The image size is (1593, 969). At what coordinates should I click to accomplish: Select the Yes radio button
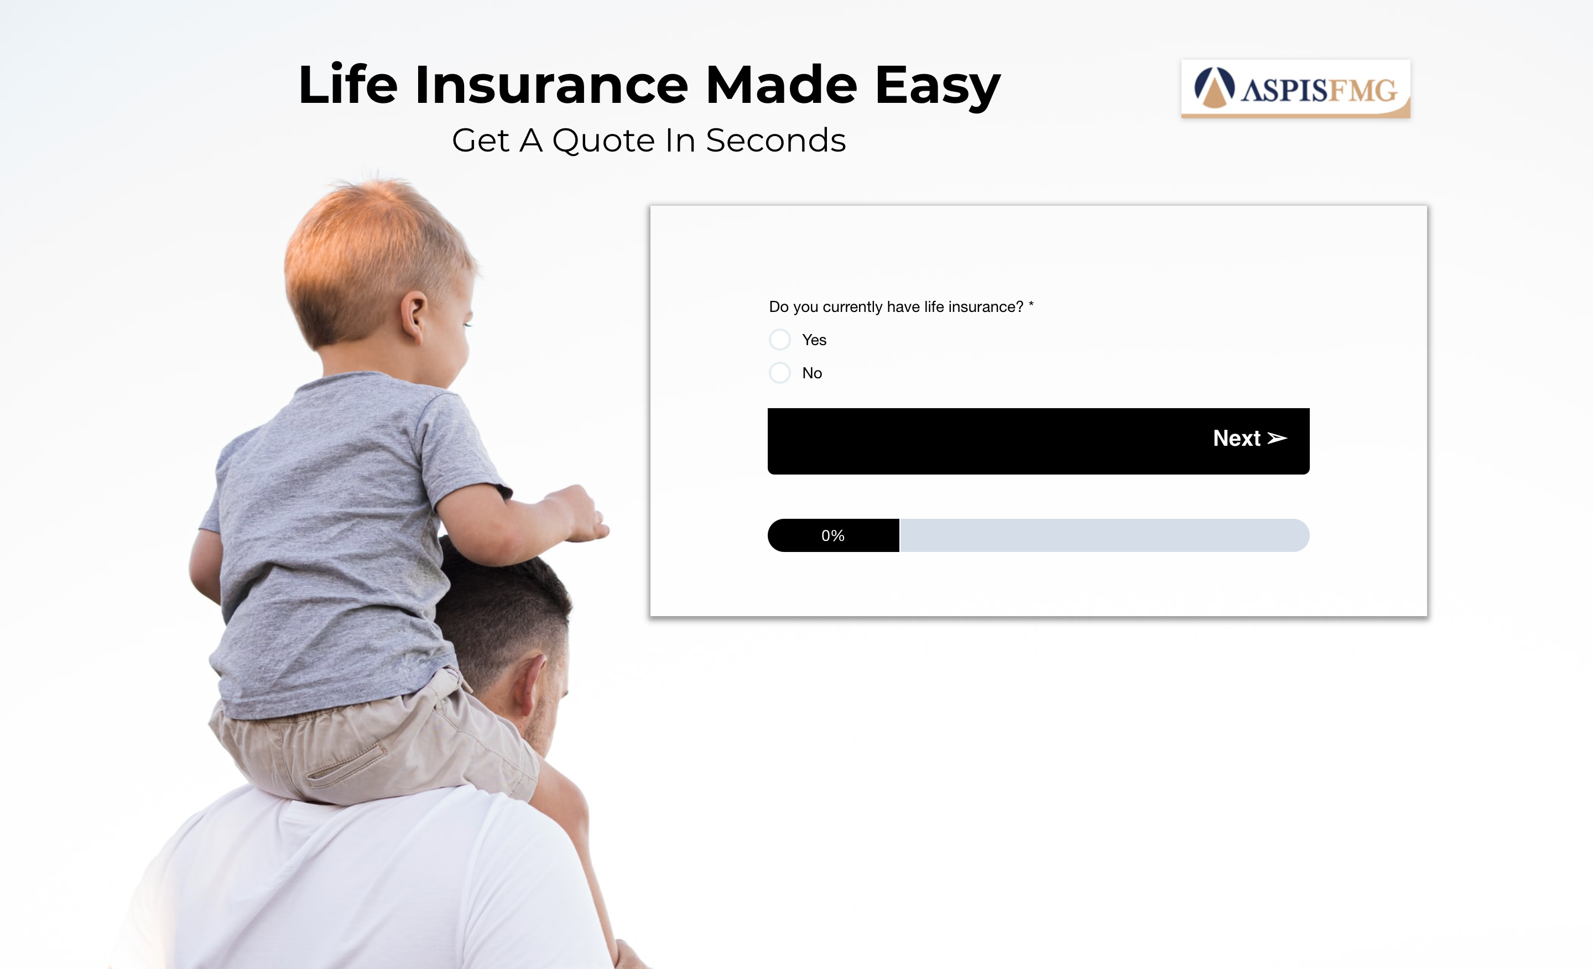tap(780, 340)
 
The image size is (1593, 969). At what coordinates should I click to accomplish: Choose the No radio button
tap(780, 372)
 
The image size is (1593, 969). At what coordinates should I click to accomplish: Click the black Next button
tap(1038, 441)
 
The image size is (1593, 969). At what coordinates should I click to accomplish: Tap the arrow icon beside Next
tap(1277, 438)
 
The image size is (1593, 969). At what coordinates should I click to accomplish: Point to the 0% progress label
tap(832, 535)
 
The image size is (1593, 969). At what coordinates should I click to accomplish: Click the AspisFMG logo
tap(1295, 89)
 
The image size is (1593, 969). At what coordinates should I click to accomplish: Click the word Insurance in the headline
tap(551, 85)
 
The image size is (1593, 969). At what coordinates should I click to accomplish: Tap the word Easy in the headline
tap(938, 87)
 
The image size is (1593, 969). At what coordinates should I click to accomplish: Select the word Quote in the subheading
tap(604, 140)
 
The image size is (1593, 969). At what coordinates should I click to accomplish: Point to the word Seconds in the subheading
tap(776, 140)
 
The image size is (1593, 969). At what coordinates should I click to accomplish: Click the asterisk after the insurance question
tap(1031, 304)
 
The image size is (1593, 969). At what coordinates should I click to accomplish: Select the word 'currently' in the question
tap(853, 307)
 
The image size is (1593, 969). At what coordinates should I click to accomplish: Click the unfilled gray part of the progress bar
tap(1104, 535)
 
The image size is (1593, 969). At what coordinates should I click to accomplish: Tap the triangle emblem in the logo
tap(1214, 87)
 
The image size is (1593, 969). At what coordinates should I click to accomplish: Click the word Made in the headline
tap(781, 85)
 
